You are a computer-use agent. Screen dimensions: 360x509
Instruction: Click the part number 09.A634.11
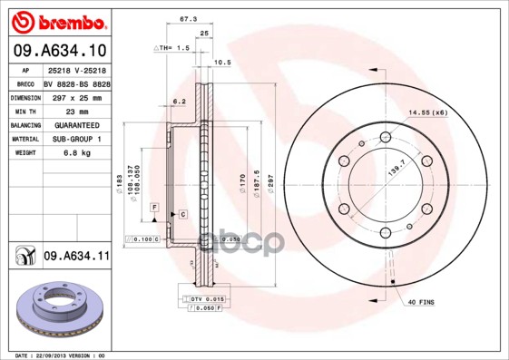click(x=76, y=257)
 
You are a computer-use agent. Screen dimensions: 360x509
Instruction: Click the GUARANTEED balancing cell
click(x=76, y=124)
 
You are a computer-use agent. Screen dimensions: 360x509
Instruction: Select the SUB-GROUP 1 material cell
click(x=76, y=139)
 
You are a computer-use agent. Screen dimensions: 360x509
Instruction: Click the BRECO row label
click(x=24, y=82)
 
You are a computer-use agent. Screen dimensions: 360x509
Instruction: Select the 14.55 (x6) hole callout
click(x=428, y=112)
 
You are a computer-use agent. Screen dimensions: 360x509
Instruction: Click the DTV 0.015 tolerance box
click(x=206, y=298)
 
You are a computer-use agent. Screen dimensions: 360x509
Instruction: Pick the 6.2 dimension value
click(x=179, y=101)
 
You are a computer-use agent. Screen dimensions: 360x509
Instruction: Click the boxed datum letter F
click(x=155, y=209)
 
